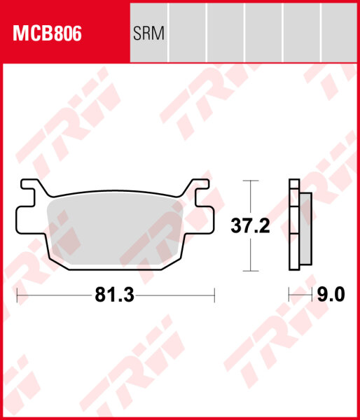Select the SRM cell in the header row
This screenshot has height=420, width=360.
[x=148, y=34]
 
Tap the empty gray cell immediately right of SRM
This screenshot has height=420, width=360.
[x=188, y=34]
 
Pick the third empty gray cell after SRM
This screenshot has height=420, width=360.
[x=263, y=34]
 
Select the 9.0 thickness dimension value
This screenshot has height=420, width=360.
[x=331, y=295]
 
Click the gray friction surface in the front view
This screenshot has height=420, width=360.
[x=116, y=231]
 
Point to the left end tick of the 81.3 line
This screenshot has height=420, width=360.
[x=18, y=296]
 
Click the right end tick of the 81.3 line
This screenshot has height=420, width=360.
[x=214, y=296]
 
